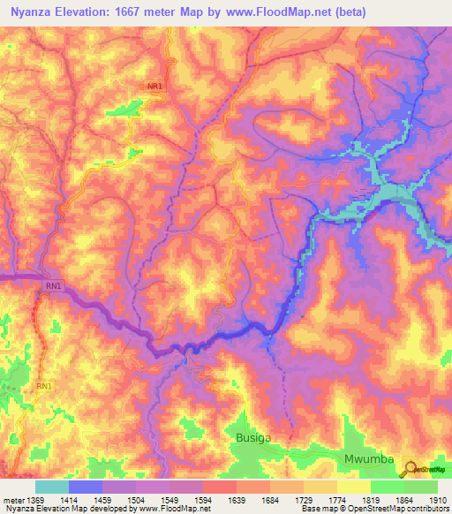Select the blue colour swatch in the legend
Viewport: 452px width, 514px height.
pos(85,487)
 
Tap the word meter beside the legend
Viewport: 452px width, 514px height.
pos(14,500)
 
